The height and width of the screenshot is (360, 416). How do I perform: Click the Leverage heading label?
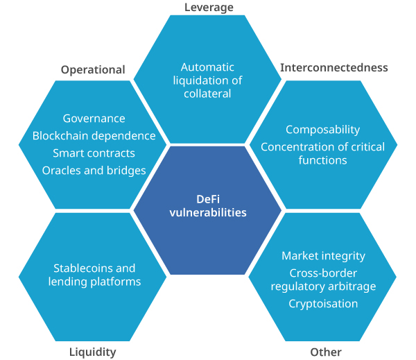pyautogui.click(x=209, y=8)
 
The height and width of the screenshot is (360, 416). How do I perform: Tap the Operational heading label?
pyautogui.click(x=93, y=69)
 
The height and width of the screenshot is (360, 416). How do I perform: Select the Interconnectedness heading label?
pyautogui.click(x=333, y=67)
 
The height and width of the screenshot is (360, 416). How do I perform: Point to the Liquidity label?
pyautogui.click(x=92, y=352)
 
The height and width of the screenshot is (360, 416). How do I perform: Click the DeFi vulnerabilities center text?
pyautogui.click(x=208, y=206)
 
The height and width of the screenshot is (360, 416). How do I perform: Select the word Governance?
pyautogui.click(x=94, y=119)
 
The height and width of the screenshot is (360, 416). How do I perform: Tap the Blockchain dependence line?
pyautogui.click(x=94, y=136)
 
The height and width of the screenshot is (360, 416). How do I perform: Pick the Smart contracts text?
pyautogui.click(x=94, y=153)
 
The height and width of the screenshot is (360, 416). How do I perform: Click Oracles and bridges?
pyautogui.click(x=94, y=170)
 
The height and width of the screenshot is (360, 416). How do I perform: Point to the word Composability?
pyautogui.click(x=322, y=130)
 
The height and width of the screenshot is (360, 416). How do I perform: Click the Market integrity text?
pyautogui.click(x=323, y=256)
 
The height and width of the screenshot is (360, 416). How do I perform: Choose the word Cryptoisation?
pyautogui.click(x=323, y=304)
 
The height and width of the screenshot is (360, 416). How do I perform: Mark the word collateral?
pyautogui.click(x=207, y=94)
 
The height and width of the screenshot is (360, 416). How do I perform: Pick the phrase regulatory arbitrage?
pyautogui.click(x=323, y=286)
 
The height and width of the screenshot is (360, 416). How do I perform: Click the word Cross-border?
pyautogui.click(x=323, y=273)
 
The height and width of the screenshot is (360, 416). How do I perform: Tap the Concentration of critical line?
pyautogui.click(x=323, y=146)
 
